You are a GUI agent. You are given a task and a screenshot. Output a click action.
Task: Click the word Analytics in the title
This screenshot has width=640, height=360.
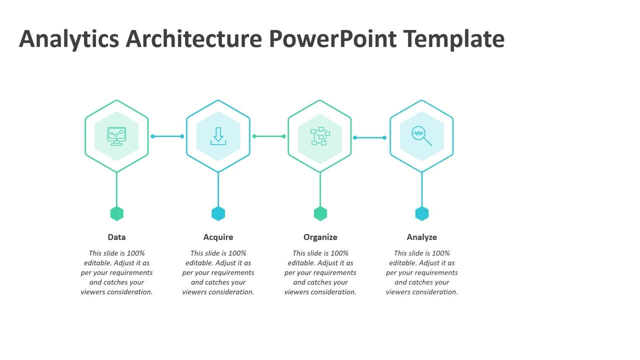69,39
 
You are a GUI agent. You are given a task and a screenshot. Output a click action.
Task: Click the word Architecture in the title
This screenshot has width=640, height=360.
193,39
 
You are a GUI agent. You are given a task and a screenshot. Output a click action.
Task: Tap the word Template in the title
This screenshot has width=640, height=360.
453,39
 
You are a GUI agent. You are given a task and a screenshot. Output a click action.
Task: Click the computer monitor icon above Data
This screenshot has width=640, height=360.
116,136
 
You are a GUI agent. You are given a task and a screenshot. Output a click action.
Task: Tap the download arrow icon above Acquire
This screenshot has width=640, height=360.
218,136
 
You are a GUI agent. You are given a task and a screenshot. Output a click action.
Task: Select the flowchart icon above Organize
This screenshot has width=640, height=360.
320,136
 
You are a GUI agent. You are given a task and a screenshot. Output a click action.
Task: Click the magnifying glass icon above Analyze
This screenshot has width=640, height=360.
421,135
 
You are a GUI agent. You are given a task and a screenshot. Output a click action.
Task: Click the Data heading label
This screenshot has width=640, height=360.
116,237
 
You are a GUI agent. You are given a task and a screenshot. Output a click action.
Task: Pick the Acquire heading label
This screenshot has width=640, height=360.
218,237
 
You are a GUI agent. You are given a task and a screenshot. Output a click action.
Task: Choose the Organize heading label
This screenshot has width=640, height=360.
320,237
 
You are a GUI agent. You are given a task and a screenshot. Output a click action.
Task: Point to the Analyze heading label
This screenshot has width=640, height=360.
421,237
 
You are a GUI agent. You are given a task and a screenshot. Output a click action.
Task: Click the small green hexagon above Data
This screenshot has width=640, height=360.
116,213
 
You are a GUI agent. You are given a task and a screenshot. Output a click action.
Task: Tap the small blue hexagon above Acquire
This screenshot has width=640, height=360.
218,213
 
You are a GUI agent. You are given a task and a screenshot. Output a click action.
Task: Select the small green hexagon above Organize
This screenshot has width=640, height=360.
320,213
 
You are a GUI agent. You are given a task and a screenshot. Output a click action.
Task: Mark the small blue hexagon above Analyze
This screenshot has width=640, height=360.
421,213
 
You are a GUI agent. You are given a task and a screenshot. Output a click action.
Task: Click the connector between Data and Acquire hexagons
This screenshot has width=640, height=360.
167,136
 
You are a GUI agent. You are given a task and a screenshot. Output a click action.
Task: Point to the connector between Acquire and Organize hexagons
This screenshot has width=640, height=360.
269,136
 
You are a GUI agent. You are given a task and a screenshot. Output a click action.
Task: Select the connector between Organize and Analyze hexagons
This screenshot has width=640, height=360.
370,137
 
